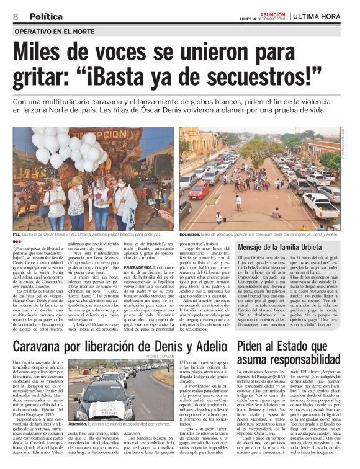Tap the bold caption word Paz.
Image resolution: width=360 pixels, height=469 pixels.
coord(17,236)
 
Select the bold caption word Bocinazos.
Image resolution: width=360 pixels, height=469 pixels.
coord(192,236)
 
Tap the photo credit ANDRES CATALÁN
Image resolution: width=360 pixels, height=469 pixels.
coord(161,357)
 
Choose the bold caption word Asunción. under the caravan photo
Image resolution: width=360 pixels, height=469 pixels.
coord(78,422)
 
